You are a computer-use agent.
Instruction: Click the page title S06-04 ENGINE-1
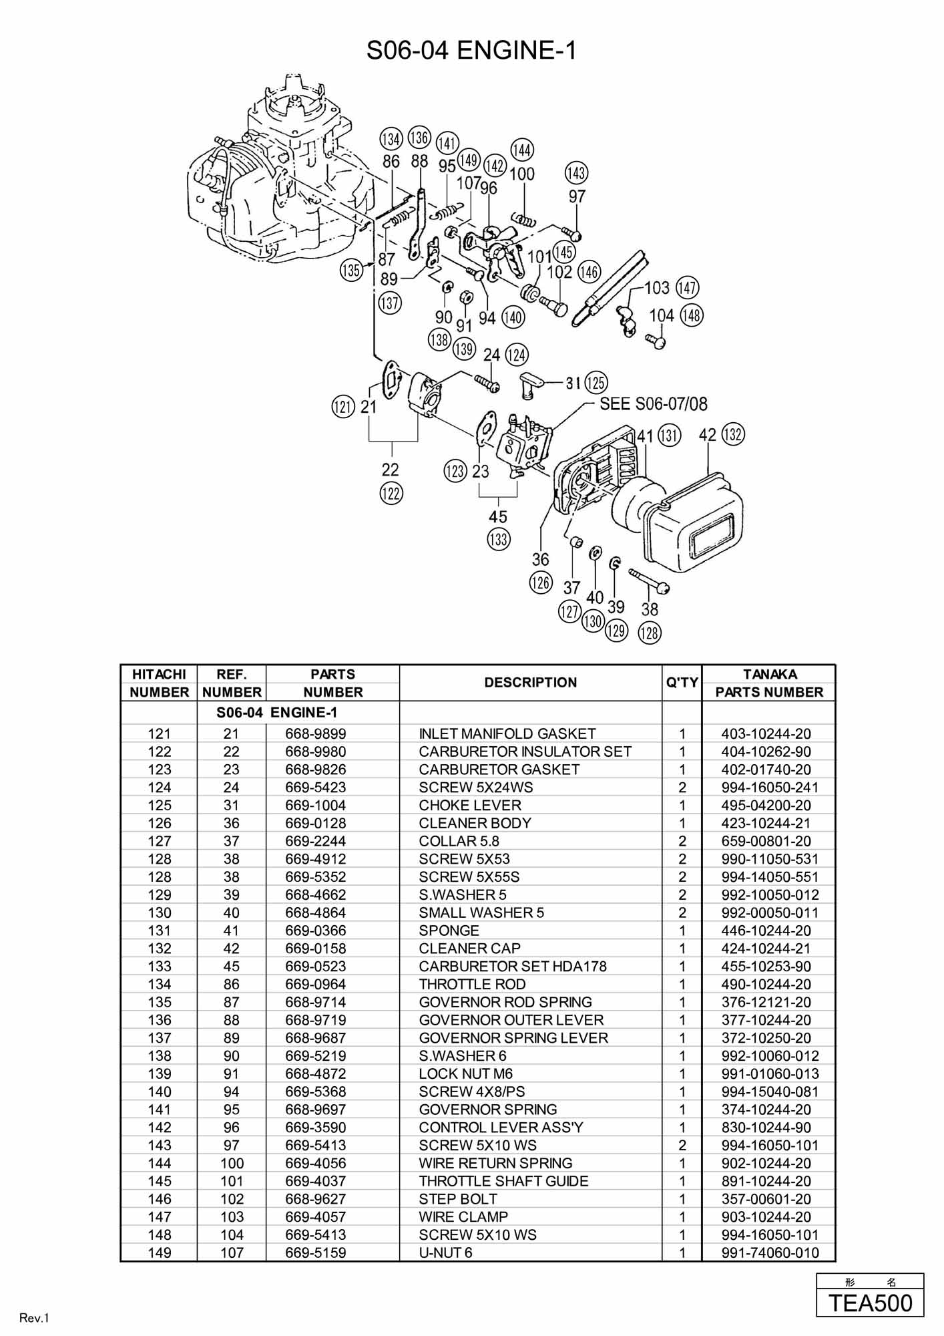pos(471,51)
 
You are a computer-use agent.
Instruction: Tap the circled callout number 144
pos(521,150)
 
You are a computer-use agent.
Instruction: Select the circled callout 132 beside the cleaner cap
pos(733,434)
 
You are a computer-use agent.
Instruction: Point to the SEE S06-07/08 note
pos(654,403)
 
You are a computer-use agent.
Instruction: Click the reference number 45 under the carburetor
pos(498,516)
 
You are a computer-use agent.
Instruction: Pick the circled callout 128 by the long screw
pos(650,633)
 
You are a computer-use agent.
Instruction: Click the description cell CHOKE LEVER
pos(470,805)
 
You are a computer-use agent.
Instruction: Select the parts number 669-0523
pos(316,966)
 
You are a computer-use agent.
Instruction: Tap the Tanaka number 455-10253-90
pos(766,966)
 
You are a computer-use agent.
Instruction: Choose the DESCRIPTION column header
pos(531,682)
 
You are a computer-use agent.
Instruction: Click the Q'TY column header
pos(682,682)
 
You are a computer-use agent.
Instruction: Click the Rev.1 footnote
pos(35,1318)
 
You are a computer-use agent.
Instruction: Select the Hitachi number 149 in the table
pos(160,1252)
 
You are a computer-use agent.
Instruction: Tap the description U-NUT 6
pos(445,1252)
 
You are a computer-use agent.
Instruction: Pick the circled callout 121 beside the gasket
pos(342,406)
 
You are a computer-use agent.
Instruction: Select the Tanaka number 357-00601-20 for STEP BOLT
pos(766,1199)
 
